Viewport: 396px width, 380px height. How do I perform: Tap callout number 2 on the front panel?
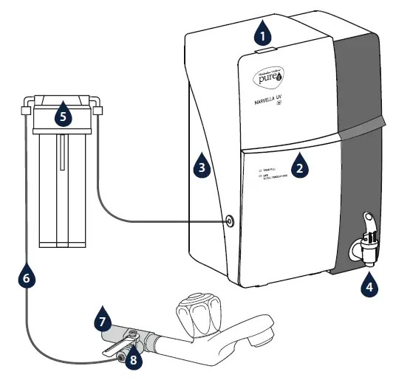pos(298,166)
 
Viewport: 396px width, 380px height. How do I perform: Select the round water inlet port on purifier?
pos(231,220)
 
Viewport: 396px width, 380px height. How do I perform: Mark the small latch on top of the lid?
pos(266,49)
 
